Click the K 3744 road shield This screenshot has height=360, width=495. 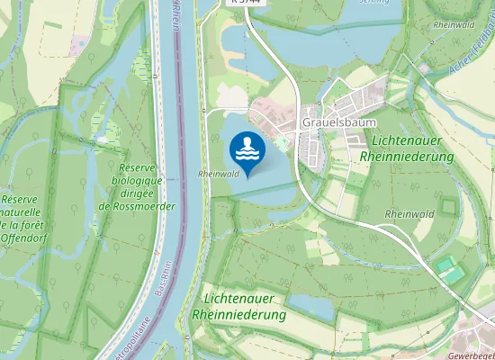click(246, 3)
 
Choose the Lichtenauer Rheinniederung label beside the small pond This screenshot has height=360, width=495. click(238, 307)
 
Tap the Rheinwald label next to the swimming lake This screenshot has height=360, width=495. click(218, 174)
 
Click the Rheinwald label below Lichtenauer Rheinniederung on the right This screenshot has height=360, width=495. click(409, 213)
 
